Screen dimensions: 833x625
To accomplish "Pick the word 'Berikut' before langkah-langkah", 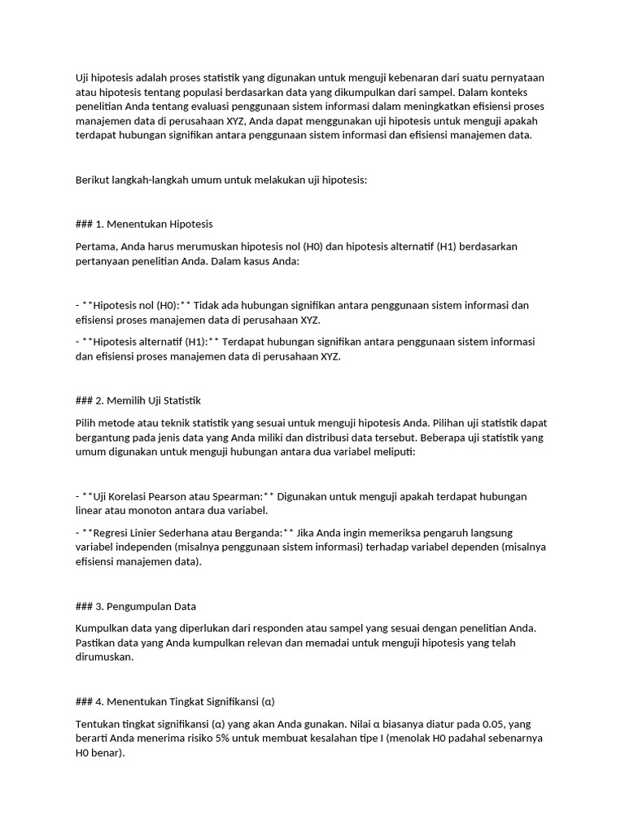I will coord(92,181).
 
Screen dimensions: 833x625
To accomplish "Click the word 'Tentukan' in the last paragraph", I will coord(99,724).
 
